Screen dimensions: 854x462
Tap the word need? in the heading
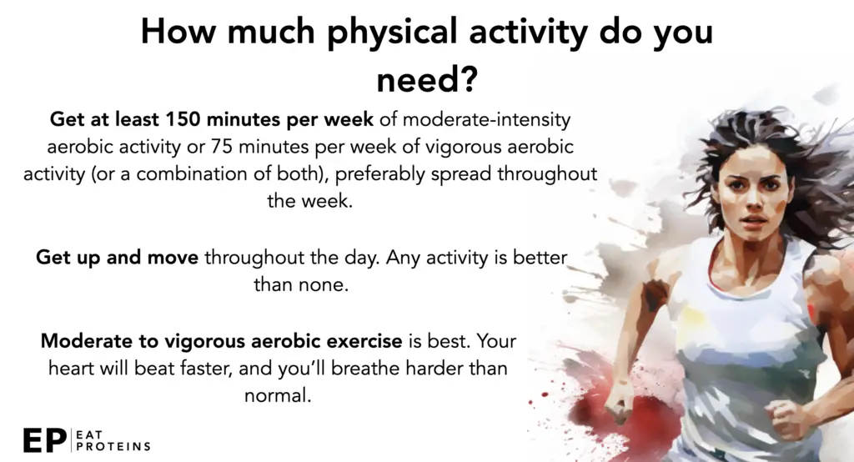(x=427, y=79)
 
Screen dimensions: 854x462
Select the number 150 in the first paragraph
(x=183, y=118)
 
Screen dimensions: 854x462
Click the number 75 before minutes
(x=222, y=147)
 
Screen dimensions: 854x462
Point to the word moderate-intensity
(x=486, y=119)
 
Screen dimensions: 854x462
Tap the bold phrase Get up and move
(x=117, y=257)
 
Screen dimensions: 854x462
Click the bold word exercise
(x=364, y=341)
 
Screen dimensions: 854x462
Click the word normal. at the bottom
(x=278, y=395)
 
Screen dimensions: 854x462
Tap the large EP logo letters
(x=45, y=440)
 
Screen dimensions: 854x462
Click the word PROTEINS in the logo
(x=113, y=447)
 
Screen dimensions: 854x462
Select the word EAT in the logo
(x=89, y=434)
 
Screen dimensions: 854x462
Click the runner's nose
(x=753, y=202)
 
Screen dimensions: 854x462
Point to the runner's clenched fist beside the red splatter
(x=617, y=402)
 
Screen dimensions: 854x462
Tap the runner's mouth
(x=754, y=220)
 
